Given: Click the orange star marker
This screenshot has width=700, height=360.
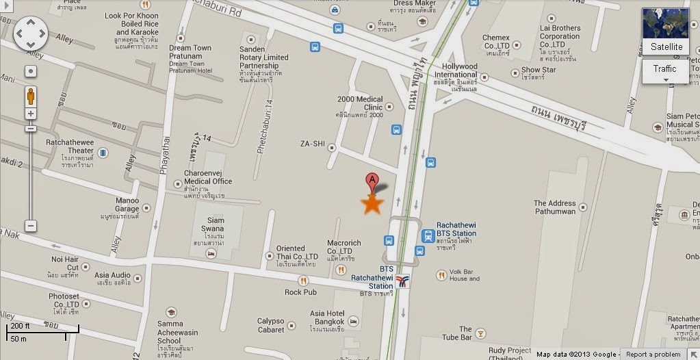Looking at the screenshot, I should click(372, 203).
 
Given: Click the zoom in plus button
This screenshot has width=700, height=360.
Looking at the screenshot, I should click(31, 113).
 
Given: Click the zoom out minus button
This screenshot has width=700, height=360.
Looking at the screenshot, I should click(31, 226).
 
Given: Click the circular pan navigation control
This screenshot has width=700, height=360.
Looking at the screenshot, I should click(30, 31).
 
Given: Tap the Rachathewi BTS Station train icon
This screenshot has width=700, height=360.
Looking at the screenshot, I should click(428, 235).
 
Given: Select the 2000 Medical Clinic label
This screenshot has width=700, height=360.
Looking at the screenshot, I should click(360, 103).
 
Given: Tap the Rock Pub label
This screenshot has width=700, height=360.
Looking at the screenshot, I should click(300, 292).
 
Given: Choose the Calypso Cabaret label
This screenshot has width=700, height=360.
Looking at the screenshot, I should click(270, 325).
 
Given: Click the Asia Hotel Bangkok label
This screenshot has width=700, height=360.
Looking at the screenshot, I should click(327, 318).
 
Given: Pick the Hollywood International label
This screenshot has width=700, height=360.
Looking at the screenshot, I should click(455, 70).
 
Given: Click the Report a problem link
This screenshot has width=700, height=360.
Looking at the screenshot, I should click(653, 355).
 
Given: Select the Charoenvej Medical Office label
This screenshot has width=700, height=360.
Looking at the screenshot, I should click(208, 177).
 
